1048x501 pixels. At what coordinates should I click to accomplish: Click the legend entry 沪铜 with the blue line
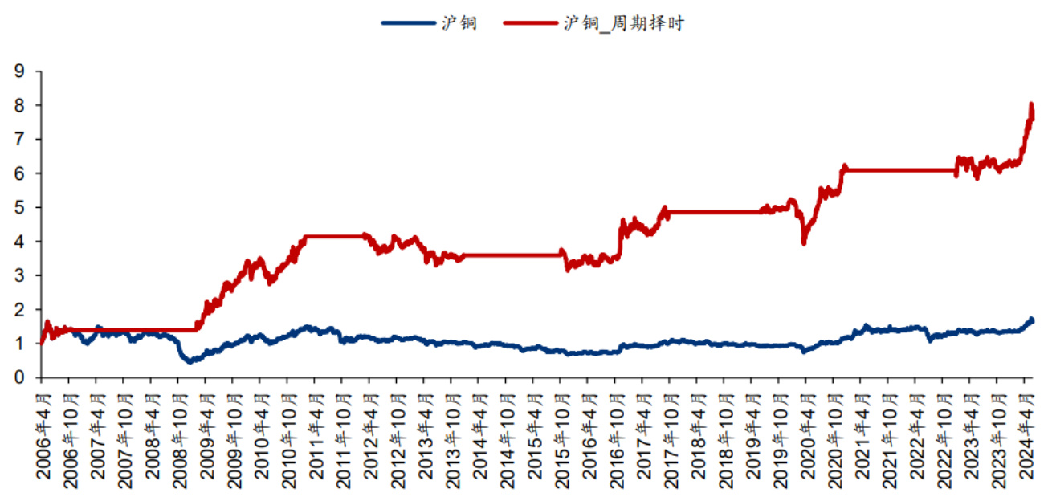click(x=429, y=23)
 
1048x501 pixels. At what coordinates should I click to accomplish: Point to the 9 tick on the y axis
click(x=18, y=71)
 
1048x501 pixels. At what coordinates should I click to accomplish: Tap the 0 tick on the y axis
click(x=18, y=377)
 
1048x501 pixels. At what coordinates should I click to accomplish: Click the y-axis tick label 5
click(x=18, y=207)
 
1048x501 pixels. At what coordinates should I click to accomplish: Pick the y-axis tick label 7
click(x=18, y=140)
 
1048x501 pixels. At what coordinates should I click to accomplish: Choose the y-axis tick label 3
click(x=18, y=275)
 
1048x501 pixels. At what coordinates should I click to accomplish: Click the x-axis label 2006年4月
click(x=42, y=438)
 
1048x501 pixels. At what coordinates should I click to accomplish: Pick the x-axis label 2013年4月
click(x=424, y=438)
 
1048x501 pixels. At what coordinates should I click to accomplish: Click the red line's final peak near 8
click(x=1030, y=104)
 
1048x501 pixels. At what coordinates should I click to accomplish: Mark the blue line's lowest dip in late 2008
click(x=190, y=361)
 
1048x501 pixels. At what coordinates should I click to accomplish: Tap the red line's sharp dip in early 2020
click(x=804, y=242)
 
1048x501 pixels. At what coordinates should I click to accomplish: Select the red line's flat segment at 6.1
click(x=899, y=170)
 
